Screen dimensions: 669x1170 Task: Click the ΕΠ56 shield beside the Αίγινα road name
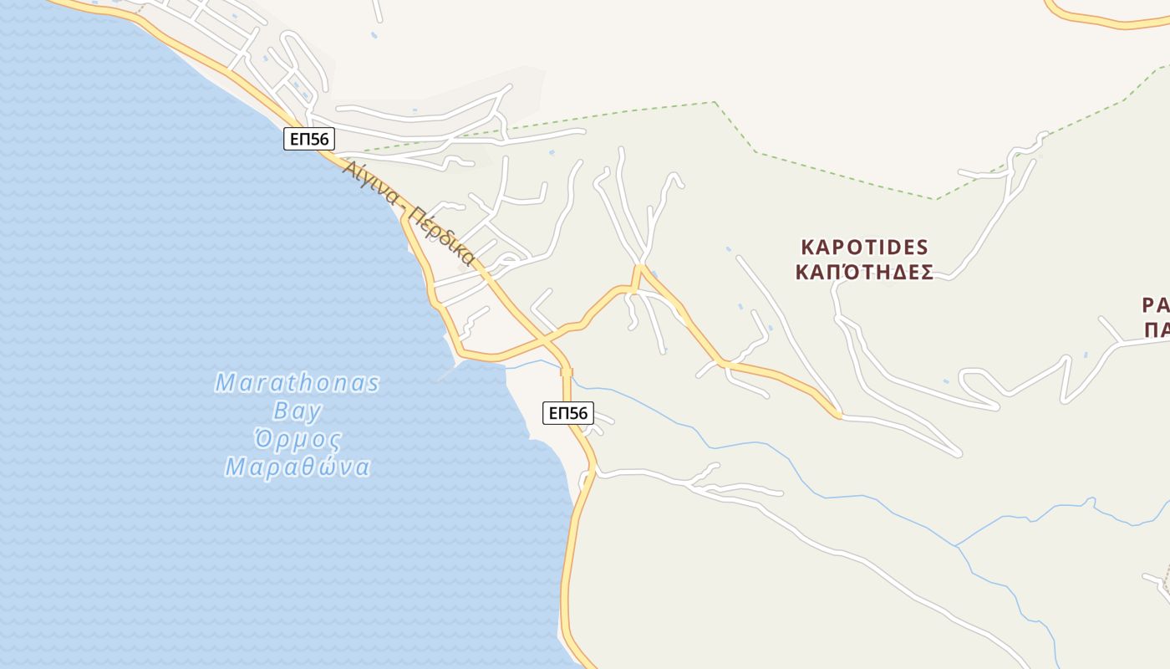tap(309, 139)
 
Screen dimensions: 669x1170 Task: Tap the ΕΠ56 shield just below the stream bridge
tap(567, 412)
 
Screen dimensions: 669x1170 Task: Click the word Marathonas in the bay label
tap(297, 383)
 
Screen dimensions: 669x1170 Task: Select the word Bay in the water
tap(297, 411)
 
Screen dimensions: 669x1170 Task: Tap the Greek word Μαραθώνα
tap(297, 467)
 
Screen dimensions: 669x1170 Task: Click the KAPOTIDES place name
tap(864, 247)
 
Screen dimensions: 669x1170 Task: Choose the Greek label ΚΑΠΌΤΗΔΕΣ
tap(864, 272)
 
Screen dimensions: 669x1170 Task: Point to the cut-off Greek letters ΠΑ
tap(1157, 329)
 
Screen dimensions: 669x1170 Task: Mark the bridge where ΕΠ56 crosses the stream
tap(567, 372)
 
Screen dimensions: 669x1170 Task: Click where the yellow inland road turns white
tap(838, 414)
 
